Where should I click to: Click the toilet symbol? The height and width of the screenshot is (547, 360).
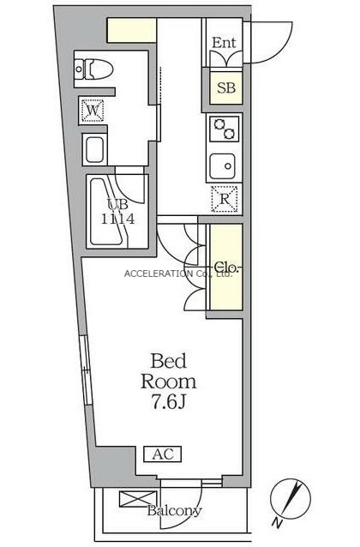coord(93,69)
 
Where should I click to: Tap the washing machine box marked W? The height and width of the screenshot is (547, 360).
coord(93,111)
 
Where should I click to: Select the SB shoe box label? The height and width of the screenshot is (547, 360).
coord(226,87)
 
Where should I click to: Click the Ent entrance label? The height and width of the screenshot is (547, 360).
coord(224,43)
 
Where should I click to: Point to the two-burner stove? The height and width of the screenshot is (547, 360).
coord(225,129)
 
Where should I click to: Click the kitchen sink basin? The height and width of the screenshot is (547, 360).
coord(223,166)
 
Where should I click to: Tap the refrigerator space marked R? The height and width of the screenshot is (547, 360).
coord(225,199)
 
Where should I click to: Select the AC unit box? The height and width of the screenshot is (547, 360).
coord(163,454)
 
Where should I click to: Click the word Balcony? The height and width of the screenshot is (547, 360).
coord(174,511)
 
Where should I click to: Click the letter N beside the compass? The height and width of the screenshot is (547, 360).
coord(277,522)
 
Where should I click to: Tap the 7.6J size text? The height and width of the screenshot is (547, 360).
coord(168,403)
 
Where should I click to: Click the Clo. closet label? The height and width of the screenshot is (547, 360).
coord(225,267)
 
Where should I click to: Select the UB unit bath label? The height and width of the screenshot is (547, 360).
coord(117,204)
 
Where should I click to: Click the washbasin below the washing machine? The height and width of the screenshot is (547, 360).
coord(94,150)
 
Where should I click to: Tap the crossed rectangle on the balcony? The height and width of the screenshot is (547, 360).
coord(138,499)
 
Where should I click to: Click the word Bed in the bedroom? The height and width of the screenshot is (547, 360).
coord(169,361)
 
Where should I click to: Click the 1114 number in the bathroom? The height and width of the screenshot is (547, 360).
coord(118,219)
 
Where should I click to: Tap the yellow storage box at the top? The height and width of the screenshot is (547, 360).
coord(132,31)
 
